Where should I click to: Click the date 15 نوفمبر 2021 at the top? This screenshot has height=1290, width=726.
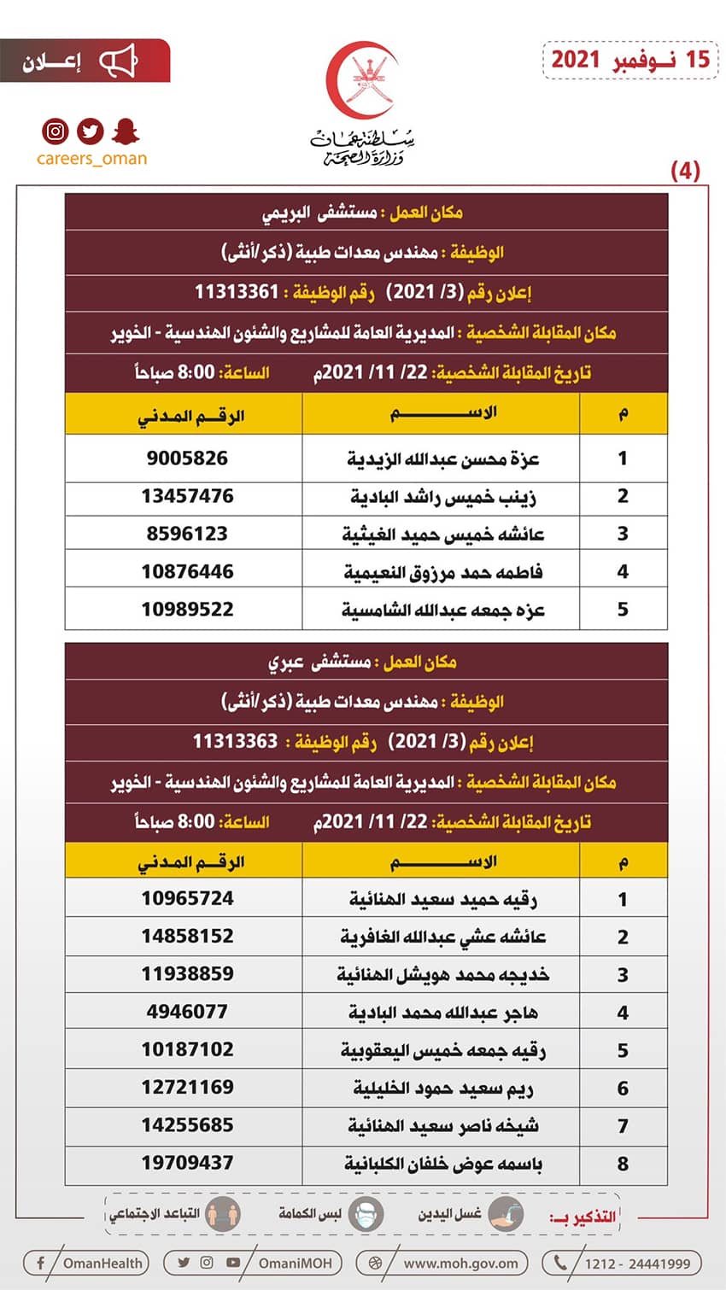coord(630,59)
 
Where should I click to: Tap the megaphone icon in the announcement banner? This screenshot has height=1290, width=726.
coord(119,61)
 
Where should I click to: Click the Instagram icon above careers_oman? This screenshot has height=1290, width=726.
coord(56,131)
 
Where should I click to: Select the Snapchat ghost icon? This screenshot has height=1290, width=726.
coord(126,131)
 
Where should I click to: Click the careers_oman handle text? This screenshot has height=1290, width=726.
coord(91,159)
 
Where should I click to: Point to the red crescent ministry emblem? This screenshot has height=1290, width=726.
coord(362,81)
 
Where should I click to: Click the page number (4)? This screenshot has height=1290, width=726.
coord(685,171)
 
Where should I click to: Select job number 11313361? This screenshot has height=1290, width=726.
coord(237,292)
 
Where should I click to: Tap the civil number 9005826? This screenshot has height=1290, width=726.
coord(187,458)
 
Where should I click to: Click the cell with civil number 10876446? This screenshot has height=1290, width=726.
coord(187,572)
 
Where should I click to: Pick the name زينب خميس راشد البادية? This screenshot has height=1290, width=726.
coord(442,497)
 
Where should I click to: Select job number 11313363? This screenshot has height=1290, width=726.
coord(235,741)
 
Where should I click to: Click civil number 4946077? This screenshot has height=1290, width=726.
coord(187,1012)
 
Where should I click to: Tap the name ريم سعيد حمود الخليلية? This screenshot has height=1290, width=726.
coord(442,1089)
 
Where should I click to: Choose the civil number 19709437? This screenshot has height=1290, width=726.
coord(187,1163)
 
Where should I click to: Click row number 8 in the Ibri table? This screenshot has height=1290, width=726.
coord(623,1164)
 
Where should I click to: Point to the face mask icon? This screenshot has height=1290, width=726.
coord(366,1215)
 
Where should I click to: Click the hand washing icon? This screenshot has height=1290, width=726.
coord(506,1215)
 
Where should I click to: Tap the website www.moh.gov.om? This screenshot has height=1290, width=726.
coord(460,1264)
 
